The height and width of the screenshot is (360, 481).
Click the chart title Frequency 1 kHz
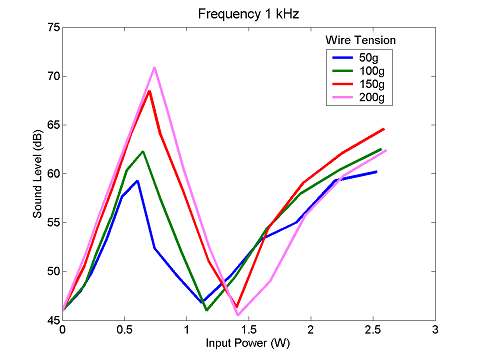point(249,13)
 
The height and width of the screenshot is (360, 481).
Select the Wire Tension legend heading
point(363,39)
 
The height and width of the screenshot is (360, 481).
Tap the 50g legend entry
point(368,57)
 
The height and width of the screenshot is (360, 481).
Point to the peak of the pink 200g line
point(155,68)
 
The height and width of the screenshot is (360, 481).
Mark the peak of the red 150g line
point(149,91)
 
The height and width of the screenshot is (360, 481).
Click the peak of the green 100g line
point(143,152)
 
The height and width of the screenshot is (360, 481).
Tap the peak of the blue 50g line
point(137,181)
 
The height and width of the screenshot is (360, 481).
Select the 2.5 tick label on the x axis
point(372,329)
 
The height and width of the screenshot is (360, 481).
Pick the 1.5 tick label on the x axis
point(249,329)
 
